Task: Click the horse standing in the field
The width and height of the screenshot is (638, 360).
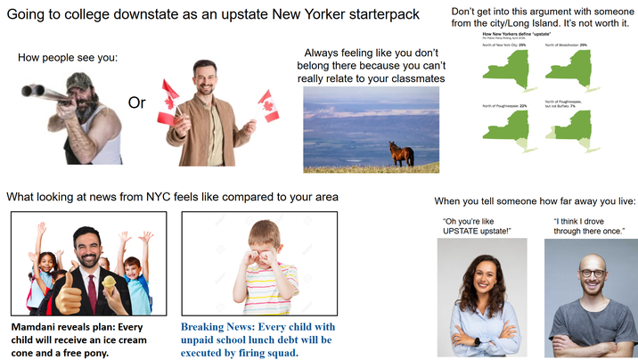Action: point(401,153)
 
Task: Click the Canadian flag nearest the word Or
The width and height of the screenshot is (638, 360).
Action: point(169,98)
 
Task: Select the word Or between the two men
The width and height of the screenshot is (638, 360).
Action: point(136,102)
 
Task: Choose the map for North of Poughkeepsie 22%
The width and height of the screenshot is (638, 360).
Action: point(505,130)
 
